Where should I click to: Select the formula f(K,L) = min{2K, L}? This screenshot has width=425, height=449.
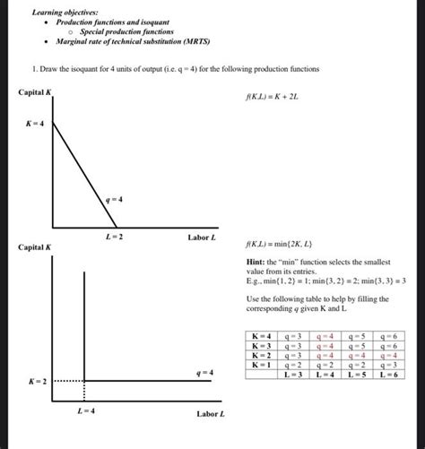(x=277, y=244)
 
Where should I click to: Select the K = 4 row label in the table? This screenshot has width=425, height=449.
(x=261, y=334)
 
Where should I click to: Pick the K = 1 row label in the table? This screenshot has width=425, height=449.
(x=261, y=364)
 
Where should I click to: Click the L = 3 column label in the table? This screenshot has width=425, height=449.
(x=292, y=374)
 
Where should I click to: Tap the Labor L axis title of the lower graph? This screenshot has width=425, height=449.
(x=211, y=414)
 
